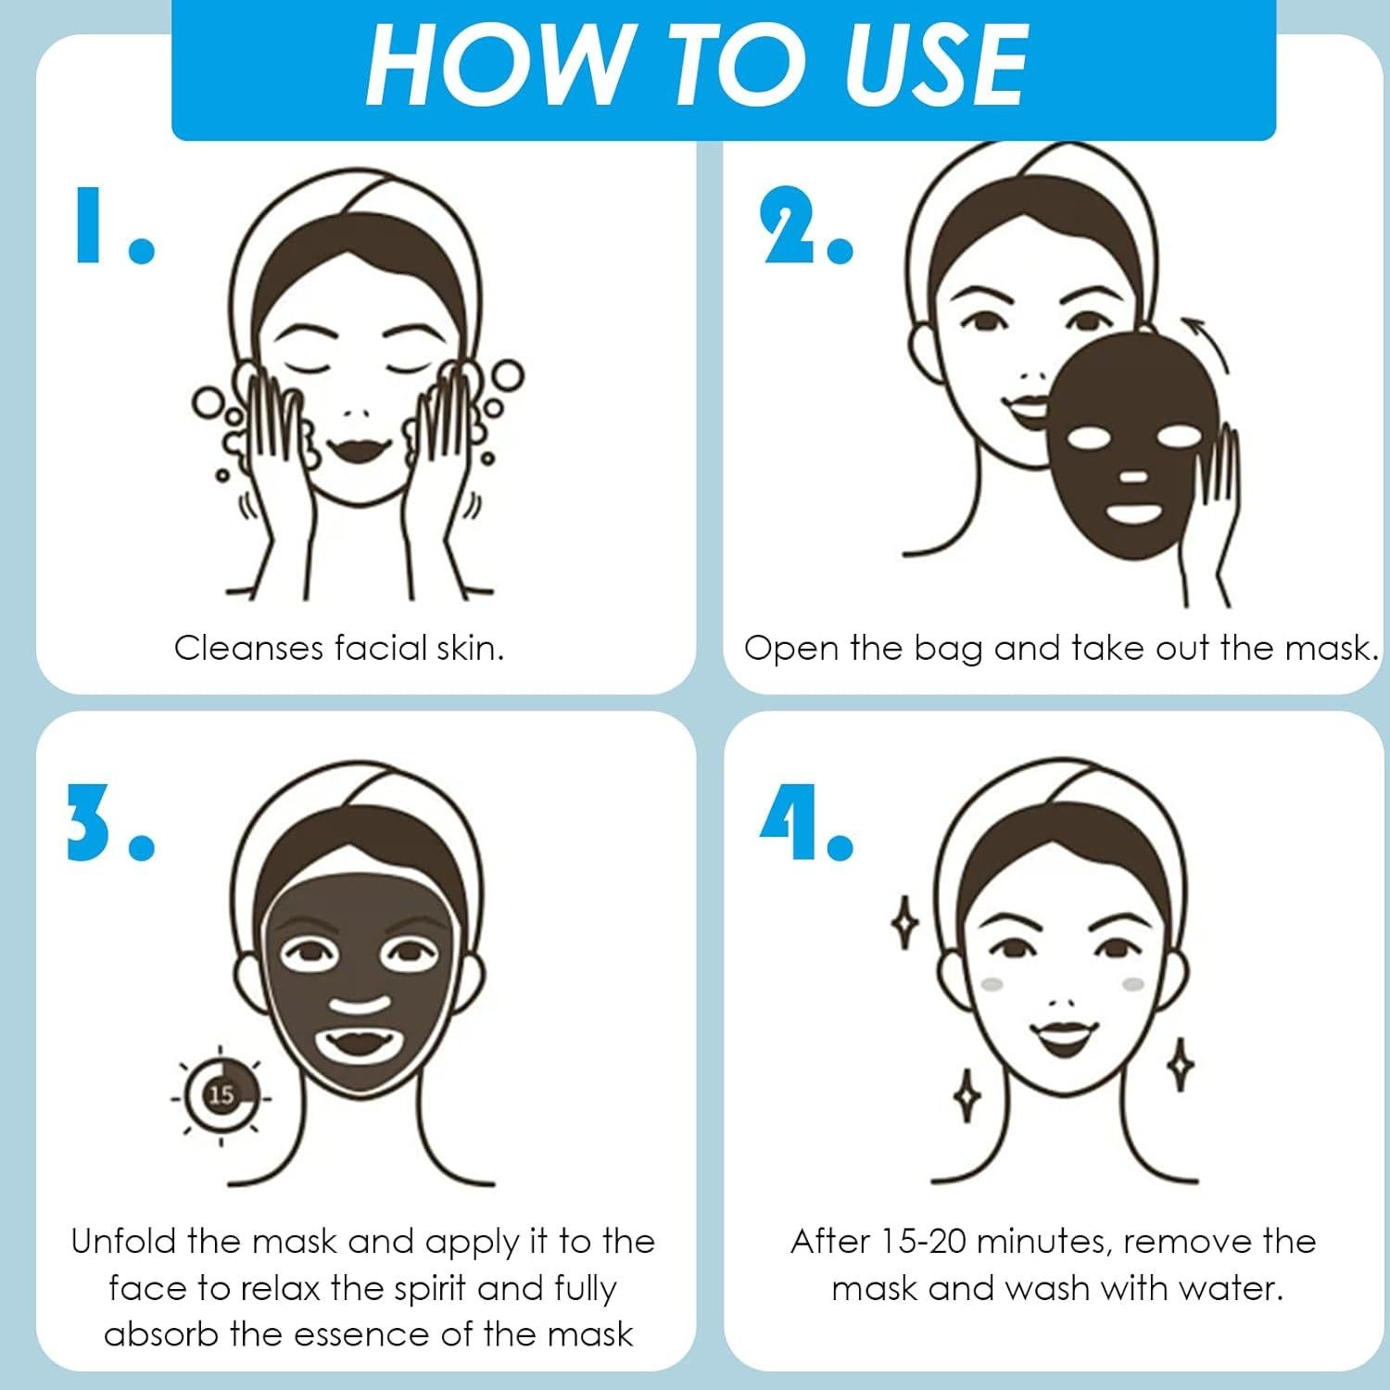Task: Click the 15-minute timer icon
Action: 221,1095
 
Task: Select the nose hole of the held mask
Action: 1132,477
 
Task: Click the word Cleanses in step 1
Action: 248,648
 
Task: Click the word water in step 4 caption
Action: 1232,1289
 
